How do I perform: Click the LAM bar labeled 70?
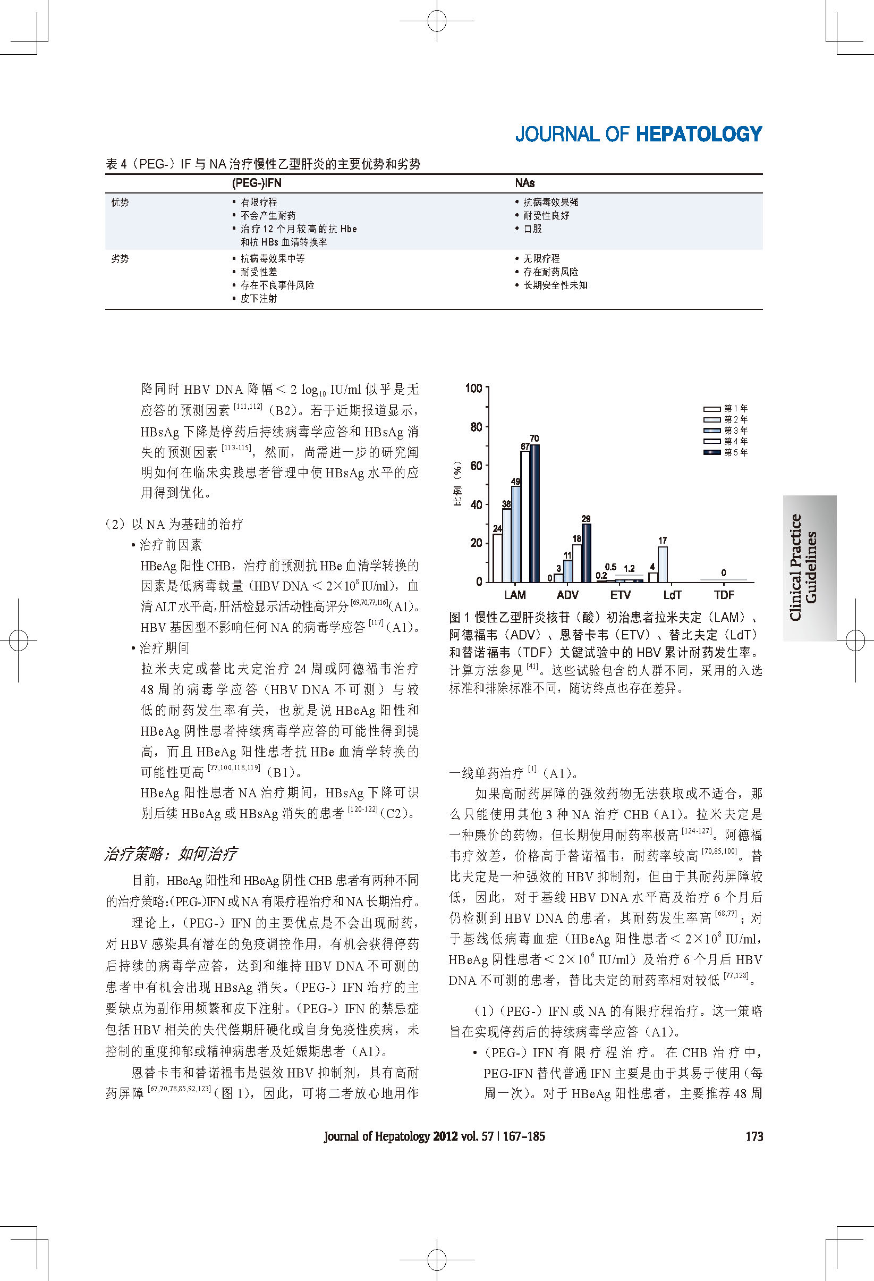click(534, 512)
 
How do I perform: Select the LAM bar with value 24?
click(497, 558)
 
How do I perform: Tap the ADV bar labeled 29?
click(587, 553)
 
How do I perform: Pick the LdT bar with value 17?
click(663, 564)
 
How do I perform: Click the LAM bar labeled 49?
click(516, 534)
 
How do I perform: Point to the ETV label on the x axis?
click(620, 595)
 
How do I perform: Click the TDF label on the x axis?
click(724, 595)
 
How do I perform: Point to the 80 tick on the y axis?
click(476, 427)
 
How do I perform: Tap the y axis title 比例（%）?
click(457, 485)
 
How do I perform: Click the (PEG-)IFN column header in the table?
click(257, 183)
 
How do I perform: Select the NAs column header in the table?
click(524, 183)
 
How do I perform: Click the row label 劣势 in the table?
click(120, 258)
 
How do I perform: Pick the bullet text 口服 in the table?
click(532, 229)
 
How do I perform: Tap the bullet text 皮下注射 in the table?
click(258, 298)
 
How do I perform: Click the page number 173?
click(754, 1136)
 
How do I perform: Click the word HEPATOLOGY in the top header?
click(699, 134)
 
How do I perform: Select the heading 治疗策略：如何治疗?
click(171, 854)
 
